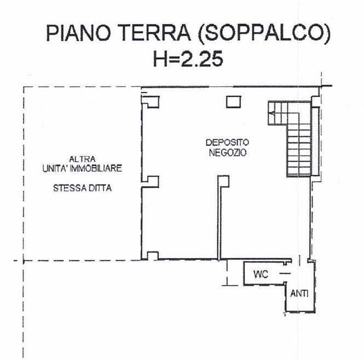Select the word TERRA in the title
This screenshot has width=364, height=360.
click(x=154, y=33)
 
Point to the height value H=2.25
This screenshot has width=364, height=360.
click(x=188, y=58)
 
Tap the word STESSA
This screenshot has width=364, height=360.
click(x=70, y=188)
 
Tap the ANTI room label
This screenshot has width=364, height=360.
click(x=299, y=294)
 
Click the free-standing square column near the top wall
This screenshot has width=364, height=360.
click(x=234, y=101)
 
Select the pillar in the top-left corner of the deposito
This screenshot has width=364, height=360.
click(x=151, y=101)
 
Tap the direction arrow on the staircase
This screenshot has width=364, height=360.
click(x=272, y=114)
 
